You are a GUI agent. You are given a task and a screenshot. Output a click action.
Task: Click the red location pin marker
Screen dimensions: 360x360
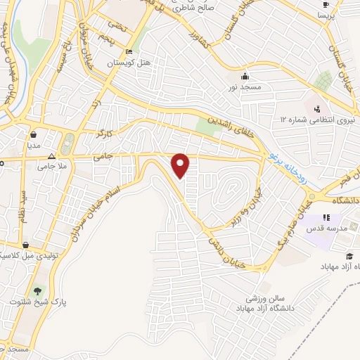pyautogui.click(x=181, y=165)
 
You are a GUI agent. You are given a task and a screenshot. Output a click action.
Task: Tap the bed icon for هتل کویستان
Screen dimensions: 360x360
pyautogui.click(x=128, y=52)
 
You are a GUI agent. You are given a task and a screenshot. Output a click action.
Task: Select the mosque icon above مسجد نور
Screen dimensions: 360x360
pyautogui.click(x=244, y=75)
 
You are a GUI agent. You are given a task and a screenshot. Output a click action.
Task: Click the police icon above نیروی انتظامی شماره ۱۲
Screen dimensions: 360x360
pyautogui.click(x=318, y=108)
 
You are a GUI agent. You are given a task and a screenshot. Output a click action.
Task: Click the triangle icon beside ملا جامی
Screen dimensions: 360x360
pyautogui.click(x=51, y=157)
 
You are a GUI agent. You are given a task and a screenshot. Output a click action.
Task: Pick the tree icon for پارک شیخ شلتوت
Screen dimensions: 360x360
pyautogui.click(x=37, y=290)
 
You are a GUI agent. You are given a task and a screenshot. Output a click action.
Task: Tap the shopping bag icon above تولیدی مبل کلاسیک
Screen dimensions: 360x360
pyautogui.click(x=26, y=245)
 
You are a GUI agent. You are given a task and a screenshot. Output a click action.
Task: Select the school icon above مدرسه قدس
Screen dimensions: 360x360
pyautogui.click(x=326, y=218)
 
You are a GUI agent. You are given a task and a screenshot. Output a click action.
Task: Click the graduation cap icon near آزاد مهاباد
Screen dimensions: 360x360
pyautogui.click(x=349, y=256)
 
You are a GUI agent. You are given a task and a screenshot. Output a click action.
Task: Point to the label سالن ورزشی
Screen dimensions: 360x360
pyautogui.click(x=259, y=298)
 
